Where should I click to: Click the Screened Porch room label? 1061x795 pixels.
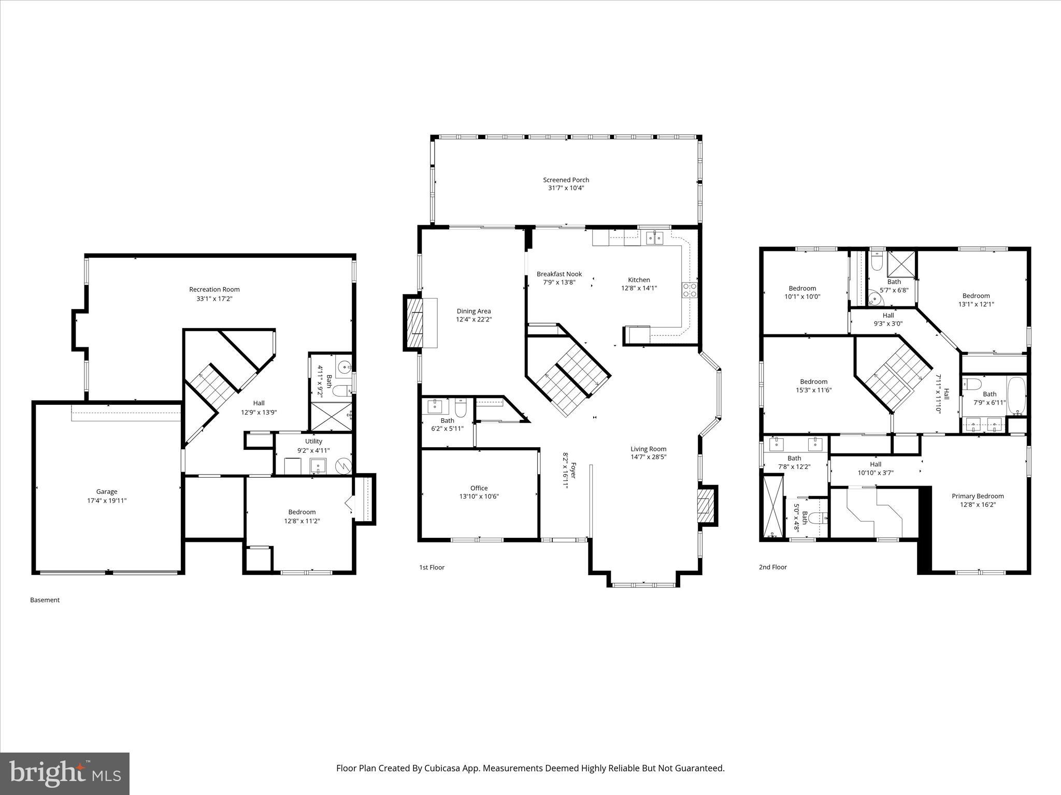tap(566, 180)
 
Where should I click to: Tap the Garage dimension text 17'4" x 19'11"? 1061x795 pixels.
tap(107, 500)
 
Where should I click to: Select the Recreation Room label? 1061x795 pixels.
tap(214, 289)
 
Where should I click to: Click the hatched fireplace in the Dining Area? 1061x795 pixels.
tap(414, 323)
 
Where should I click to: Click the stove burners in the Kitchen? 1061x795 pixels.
tap(689, 290)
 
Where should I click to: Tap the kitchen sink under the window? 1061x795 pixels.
tap(655, 239)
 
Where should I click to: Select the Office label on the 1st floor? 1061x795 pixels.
tap(479, 488)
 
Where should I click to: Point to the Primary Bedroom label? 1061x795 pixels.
tap(978, 496)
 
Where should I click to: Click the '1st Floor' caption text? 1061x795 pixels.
tap(432, 567)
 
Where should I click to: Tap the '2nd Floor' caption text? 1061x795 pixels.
tap(772, 567)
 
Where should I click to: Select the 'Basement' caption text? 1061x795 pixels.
tap(45, 600)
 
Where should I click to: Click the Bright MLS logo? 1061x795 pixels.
tap(65, 773)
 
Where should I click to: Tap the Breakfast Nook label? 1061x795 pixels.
tap(559, 274)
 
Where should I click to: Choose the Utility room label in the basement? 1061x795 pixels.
tap(313, 441)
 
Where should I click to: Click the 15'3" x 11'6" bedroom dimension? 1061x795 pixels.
tap(813, 390)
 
